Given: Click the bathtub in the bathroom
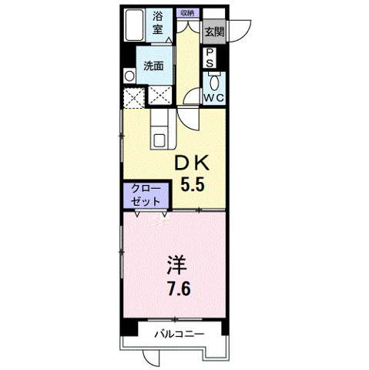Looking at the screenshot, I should pyautogui.click(x=134, y=25).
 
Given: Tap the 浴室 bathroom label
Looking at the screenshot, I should pyautogui.click(x=158, y=23).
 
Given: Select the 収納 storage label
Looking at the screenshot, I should pyautogui.click(x=186, y=13).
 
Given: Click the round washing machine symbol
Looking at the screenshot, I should pyautogui.click(x=129, y=76).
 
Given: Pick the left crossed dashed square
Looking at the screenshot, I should pyautogui.click(x=134, y=98).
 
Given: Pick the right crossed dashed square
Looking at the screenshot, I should pyautogui.click(x=161, y=96).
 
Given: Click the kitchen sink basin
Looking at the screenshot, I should pyautogui.click(x=159, y=140).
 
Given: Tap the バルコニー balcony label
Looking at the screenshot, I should pyautogui.click(x=178, y=335).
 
